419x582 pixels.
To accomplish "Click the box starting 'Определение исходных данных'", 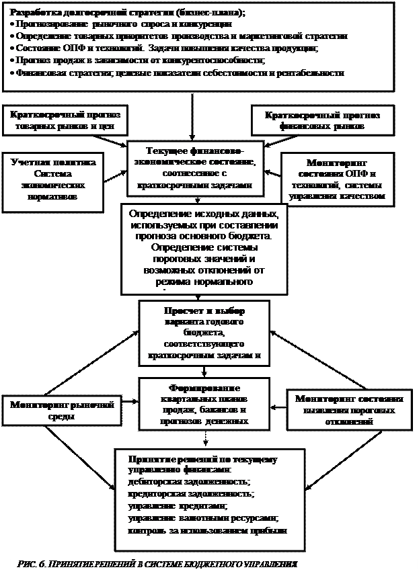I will [x=202, y=248].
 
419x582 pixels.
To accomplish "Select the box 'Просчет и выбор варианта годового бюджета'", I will [x=204, y=333].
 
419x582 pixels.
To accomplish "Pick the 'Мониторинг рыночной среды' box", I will [x=62, y=410].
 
